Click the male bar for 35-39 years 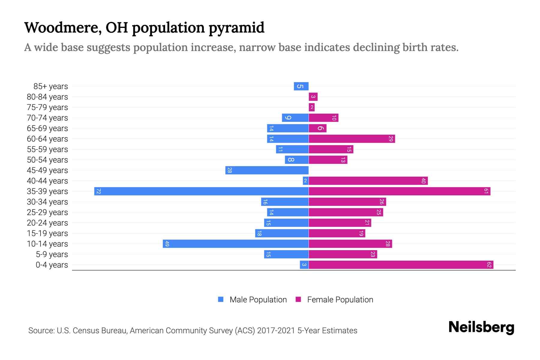pos(201,191)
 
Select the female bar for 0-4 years pos(401,265)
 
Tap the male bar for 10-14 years pos(235,244)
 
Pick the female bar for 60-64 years pos(352,139)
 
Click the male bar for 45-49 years pos(267,170)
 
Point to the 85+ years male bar pos(301,86)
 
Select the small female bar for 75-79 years pos(312,107)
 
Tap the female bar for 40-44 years pos(368,181)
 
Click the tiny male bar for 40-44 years pos(305,181)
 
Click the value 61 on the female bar pos(486,191)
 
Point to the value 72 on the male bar pos(98,191)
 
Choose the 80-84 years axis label pos(47,97)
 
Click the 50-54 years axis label pos(47,160)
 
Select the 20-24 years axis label pos(47,223)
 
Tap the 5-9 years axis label pos(52,254)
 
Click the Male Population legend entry pos(258,299)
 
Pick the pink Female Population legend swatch pos(298,299)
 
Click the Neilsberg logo pos(481,327)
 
